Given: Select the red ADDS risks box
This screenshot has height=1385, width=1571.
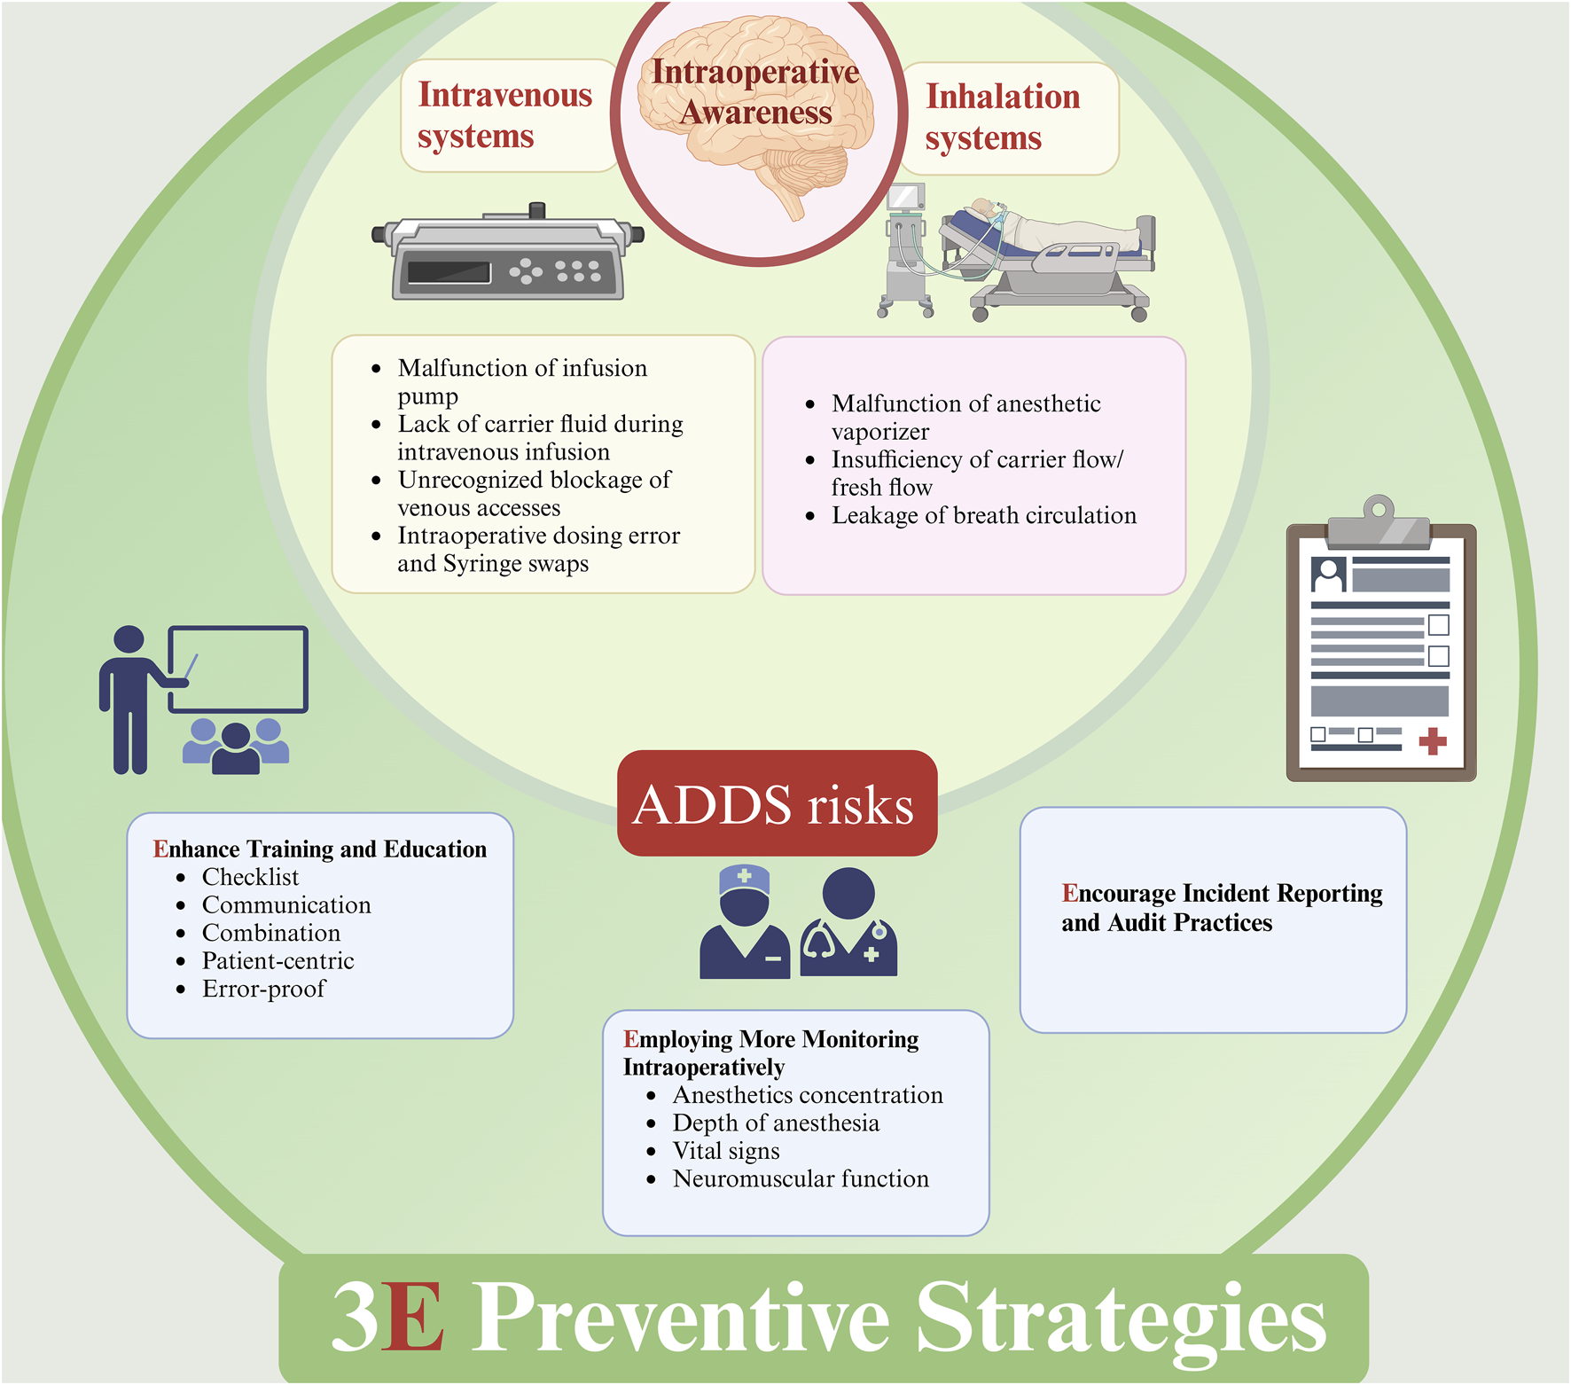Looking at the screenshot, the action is pos(777,803).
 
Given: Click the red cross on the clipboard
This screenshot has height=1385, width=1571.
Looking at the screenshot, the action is pos(1433,740).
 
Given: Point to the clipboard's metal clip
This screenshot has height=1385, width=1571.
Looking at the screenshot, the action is pos(1379,523).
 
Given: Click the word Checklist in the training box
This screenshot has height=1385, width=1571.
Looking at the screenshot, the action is pos(250,877).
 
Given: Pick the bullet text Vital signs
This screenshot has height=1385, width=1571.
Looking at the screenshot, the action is pos(726,1151).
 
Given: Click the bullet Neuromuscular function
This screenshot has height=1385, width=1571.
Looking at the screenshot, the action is pos(801,1179).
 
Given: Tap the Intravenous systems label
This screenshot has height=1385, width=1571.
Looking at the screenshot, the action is pos(504,115).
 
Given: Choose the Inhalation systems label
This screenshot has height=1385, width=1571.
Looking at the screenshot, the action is pos(1002,117).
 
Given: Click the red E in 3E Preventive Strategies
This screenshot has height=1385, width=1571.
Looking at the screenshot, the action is pos(412,1318).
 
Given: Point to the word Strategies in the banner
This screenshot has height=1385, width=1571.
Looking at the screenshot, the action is pos(1121,1319).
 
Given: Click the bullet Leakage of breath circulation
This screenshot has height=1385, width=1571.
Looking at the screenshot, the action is pos(983,515).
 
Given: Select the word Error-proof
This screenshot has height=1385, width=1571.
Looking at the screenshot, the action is pos(263,989).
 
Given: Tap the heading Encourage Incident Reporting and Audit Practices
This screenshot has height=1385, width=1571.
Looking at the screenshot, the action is pos(1221,908).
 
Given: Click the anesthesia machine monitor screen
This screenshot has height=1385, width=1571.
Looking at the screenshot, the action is pos(905,197).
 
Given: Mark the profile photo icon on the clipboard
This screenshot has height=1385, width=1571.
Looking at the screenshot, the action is pos(1328,575).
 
